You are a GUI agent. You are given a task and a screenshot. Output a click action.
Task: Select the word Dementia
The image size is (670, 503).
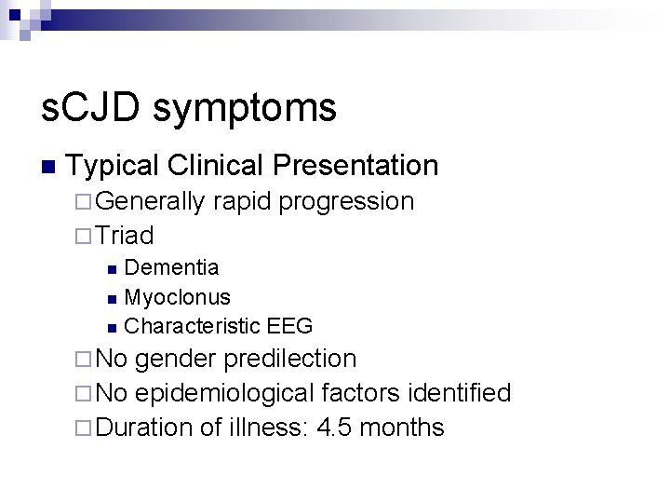(171, 268)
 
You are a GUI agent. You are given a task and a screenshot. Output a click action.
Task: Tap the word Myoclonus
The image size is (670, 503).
(177, 297)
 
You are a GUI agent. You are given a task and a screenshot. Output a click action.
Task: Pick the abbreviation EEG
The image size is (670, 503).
(288, 326)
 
